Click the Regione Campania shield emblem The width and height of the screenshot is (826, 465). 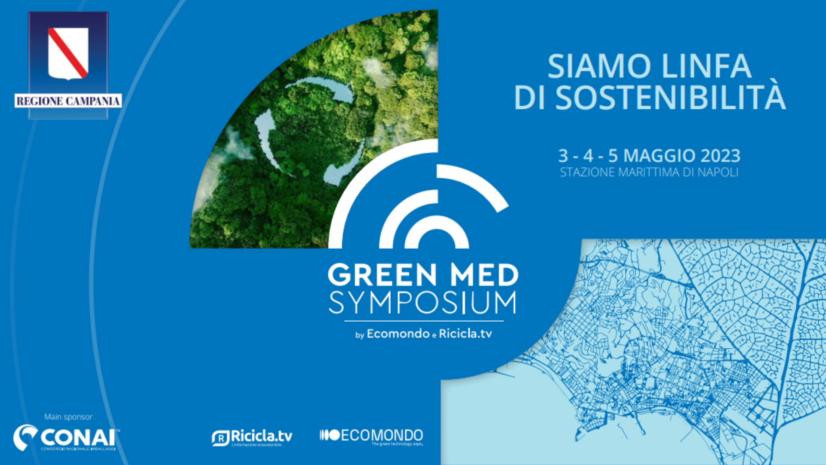pyautogui.click(x=68, y=53)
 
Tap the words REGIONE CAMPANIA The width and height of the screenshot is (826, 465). pyautogui.click(x=68, y=101)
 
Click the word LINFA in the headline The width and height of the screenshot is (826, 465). pyautogui.click(x=706, y=67)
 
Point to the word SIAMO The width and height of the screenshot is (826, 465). pyautogui.click(x=599, y=67)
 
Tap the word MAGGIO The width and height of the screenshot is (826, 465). pyautogui.click(x=659, y=156)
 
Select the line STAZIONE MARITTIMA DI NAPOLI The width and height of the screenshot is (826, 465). pyautogui.click(x=649, y=173)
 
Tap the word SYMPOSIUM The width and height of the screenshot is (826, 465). pyautogui.click(x=422, y=303)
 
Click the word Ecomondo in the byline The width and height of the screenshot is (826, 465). pyautogui.click(x=398, y=334)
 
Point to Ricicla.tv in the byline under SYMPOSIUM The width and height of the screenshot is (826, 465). pyautogui.click(x=465, y=334)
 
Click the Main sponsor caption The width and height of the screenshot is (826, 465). pyautogui.click(x=68, y=417)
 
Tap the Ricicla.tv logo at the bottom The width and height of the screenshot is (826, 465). pyautogui.click(x=252, y=437)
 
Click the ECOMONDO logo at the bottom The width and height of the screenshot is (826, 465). pyautogui.click(x=372, y=436)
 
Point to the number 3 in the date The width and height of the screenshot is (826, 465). pyautogui.click(x=563, y=156)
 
